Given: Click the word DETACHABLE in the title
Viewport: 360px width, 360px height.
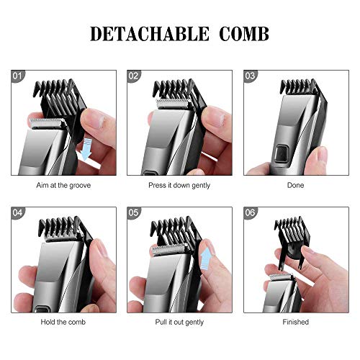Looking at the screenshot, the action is click(150, 34).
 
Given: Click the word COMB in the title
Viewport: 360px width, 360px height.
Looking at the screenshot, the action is click(244, 34).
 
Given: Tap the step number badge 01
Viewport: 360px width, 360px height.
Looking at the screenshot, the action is click(17, 76).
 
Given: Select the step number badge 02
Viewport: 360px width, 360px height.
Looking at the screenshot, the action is click(133, 76).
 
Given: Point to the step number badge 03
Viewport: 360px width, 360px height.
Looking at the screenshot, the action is click(250, 76).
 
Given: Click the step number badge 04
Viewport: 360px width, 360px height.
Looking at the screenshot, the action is click(17, 212).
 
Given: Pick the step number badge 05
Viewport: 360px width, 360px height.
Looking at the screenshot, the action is click(133, 212).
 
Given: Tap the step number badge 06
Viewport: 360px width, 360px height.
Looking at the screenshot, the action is click(250, 212).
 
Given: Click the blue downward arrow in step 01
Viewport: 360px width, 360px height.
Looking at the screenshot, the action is click(85, 150).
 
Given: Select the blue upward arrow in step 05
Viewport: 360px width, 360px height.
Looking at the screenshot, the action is click(205, 258).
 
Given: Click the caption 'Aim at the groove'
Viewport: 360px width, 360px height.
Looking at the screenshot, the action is click(63, 185).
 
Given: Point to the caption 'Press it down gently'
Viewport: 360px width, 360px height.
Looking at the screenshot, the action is click(179, 186).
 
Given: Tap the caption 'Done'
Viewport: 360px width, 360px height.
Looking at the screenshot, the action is click(296, 185).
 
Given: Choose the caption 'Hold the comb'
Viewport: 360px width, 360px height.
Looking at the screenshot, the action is click(63, 322).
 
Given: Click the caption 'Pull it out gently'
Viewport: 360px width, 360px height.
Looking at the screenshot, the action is click(179, 323).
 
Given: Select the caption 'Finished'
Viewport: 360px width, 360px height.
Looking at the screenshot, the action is click(296, 322).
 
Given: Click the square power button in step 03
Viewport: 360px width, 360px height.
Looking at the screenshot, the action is click(282, 153).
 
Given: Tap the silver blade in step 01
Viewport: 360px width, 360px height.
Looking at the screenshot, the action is click(47, 123).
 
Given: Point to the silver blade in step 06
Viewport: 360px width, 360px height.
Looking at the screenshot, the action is click(280, 277).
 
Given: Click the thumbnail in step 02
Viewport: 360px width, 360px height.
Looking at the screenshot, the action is click(216, 117).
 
